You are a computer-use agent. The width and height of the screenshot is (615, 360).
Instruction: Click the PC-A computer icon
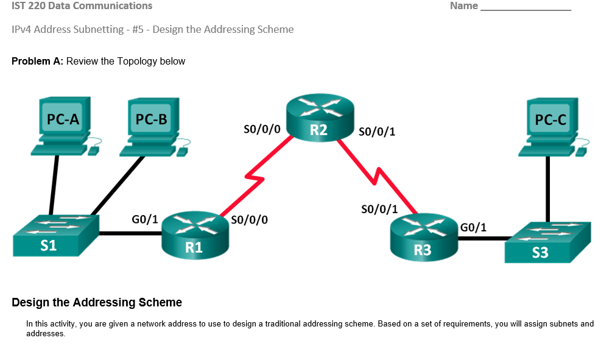tap(63, 125)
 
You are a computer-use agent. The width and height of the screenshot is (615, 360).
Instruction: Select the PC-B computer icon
tap(152, 125)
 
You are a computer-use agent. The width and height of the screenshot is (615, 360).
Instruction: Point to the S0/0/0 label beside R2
tap(261, 129)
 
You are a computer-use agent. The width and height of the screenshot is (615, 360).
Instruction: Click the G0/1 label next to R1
tap(145, 219)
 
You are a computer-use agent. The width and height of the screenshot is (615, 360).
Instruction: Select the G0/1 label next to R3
tap(473, 227)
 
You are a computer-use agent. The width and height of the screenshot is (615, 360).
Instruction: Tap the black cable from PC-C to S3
tap(548, 189)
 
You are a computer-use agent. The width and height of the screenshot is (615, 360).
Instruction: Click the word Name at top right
tap(463, 6)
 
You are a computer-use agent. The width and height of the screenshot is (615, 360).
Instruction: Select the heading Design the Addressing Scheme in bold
tap(97, 302)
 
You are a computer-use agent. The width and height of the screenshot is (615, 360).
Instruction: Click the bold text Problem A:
tap(37, 61)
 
